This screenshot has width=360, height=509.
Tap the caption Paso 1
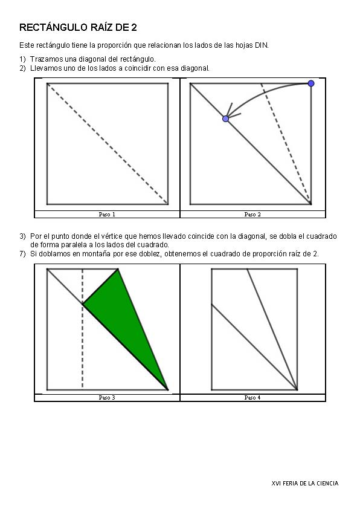(107, 214)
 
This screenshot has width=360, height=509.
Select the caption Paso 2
(252, 214)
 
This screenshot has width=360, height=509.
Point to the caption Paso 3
(107, 398)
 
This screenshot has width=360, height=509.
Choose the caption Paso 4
(252, 398)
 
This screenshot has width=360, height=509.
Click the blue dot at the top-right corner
(311, 83)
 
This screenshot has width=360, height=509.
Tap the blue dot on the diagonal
(226, 119)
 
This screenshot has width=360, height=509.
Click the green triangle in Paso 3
(130, 322)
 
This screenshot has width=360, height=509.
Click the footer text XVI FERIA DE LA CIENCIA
(305, 484)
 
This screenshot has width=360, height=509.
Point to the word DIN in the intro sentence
(262, 45)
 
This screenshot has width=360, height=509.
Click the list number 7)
(22, 254)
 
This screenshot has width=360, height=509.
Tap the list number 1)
(22, 59)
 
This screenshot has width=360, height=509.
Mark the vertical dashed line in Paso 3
(83, 328)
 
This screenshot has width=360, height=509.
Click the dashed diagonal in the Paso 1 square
(108, 144)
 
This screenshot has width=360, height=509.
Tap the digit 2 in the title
(134, 28)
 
